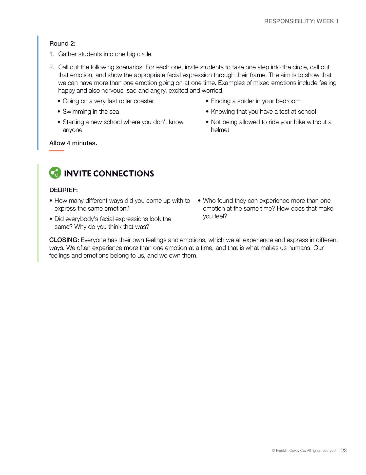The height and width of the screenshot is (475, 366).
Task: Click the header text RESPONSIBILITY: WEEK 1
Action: click(x=301, y=21)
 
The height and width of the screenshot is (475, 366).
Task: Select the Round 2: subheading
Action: click(x=62, y=44)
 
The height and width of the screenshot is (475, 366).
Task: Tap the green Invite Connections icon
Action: click(x=55, y=173)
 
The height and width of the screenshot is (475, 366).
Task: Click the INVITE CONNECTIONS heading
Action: click(x=109, y=173)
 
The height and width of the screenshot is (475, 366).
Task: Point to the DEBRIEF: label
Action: click(x=63, y=190)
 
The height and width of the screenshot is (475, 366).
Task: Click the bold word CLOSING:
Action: click(x=64, y=240)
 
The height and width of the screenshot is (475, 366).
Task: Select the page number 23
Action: click(x=344, y=450)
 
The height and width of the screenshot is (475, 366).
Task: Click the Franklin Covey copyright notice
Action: click(x=304, y=451)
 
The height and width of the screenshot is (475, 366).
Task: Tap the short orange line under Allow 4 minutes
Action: click(x=57, y=151)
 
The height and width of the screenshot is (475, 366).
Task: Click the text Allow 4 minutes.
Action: click(x=73, y=143)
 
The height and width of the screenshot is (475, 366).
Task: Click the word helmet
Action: click(x=220, y=130)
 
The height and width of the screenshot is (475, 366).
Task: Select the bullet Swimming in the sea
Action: click(x=90, y=112)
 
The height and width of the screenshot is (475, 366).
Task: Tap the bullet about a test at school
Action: click(x=263, y=112)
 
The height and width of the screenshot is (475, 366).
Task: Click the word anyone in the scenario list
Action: click(x=72, y=130)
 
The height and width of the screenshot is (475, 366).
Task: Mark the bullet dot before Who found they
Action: click(x=199, y=201)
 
